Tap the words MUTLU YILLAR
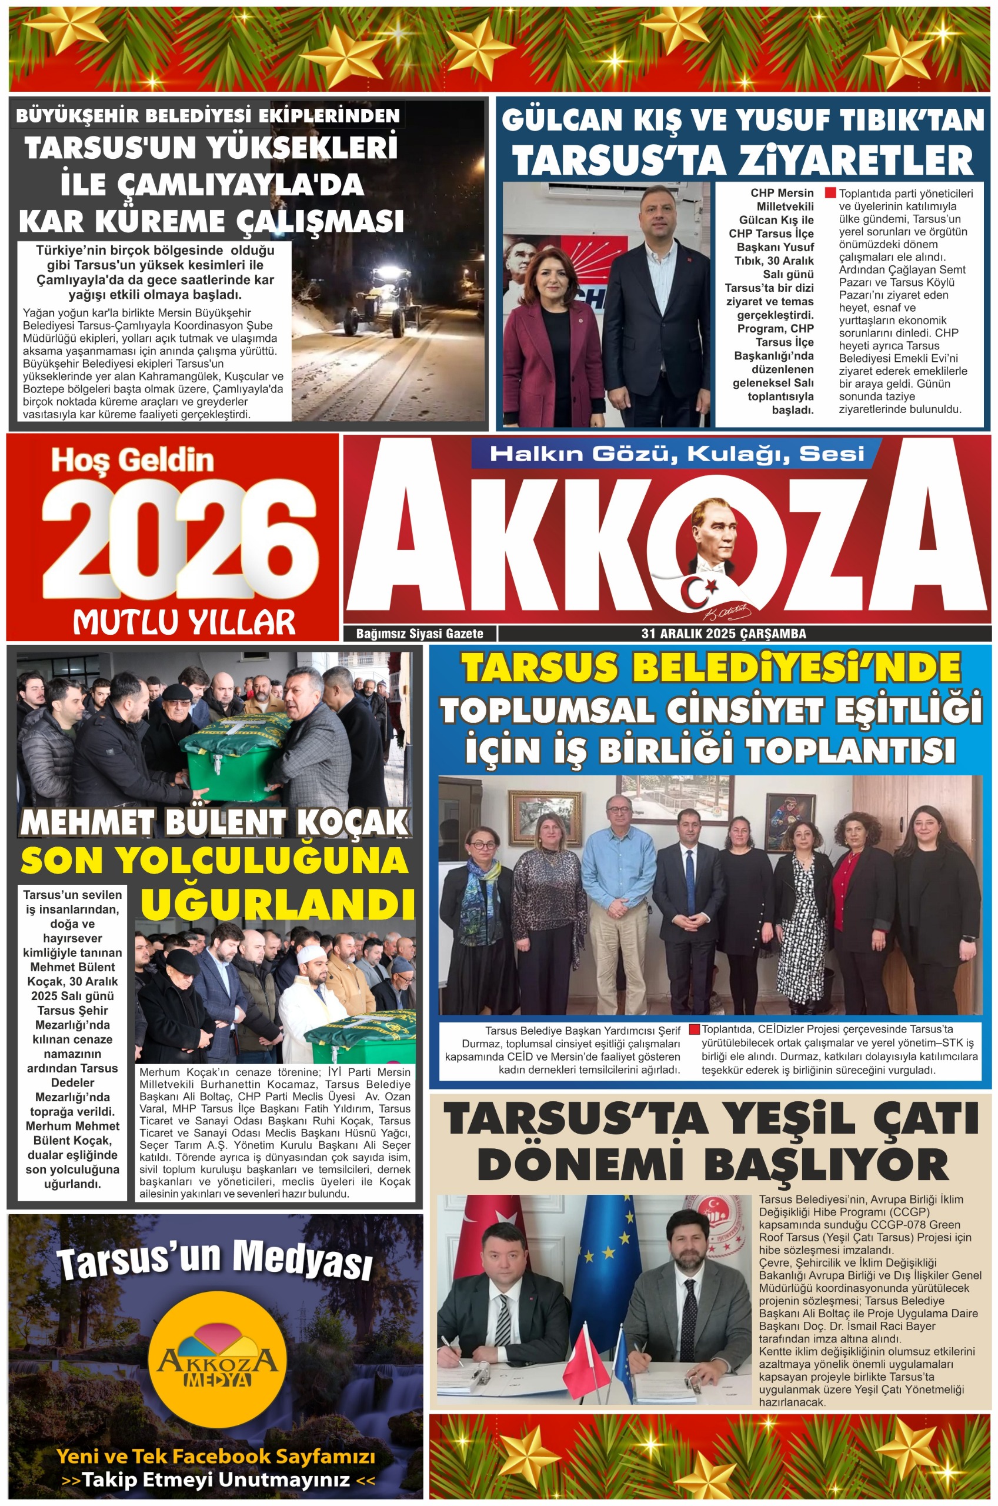[184, 622]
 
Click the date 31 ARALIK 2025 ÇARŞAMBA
[724, 634]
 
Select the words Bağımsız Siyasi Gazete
[419, 634]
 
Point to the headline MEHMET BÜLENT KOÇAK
[215, 822]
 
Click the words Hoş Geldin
[132, 459]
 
